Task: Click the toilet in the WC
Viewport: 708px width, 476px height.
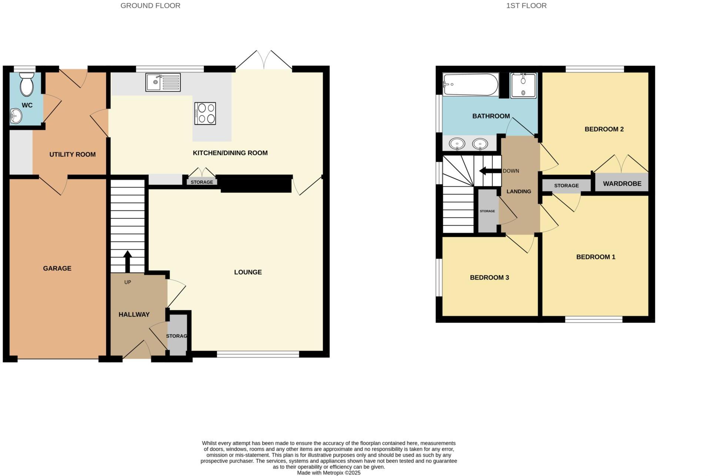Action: click(x=27, y=85)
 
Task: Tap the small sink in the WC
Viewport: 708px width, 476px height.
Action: click(x=16, y=116)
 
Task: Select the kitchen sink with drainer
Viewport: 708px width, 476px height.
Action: click(x=163, y=82)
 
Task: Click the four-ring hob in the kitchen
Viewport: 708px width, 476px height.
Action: click(x=205, y=113)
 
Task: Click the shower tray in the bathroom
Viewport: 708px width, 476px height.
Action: click(x=523, y=86)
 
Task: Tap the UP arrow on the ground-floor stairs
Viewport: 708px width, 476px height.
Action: click(x=127, y=261)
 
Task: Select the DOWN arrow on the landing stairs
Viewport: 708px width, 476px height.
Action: click(x=489, y=171)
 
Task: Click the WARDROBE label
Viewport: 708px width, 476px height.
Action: click(x=622, y=184)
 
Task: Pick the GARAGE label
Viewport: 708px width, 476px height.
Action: click(x=57, y=268)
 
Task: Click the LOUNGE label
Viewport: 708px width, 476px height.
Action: click(x=248, y=272)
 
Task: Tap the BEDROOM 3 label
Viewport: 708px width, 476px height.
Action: click(x=489, y=277)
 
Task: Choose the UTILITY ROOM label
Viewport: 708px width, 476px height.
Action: click(x=73, y=154)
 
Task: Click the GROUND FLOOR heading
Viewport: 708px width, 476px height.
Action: click(x=150, y=6)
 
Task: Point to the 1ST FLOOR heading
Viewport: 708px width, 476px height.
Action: click(x=526, y=6)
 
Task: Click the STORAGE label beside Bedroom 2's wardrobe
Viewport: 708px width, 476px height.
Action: click(x=566, y=186)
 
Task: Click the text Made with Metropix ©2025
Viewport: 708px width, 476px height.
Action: click(x=328, y=473)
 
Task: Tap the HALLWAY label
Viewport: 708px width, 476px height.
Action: click(x=134, y=314)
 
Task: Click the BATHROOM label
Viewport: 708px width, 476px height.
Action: click(x=491, y=116)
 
